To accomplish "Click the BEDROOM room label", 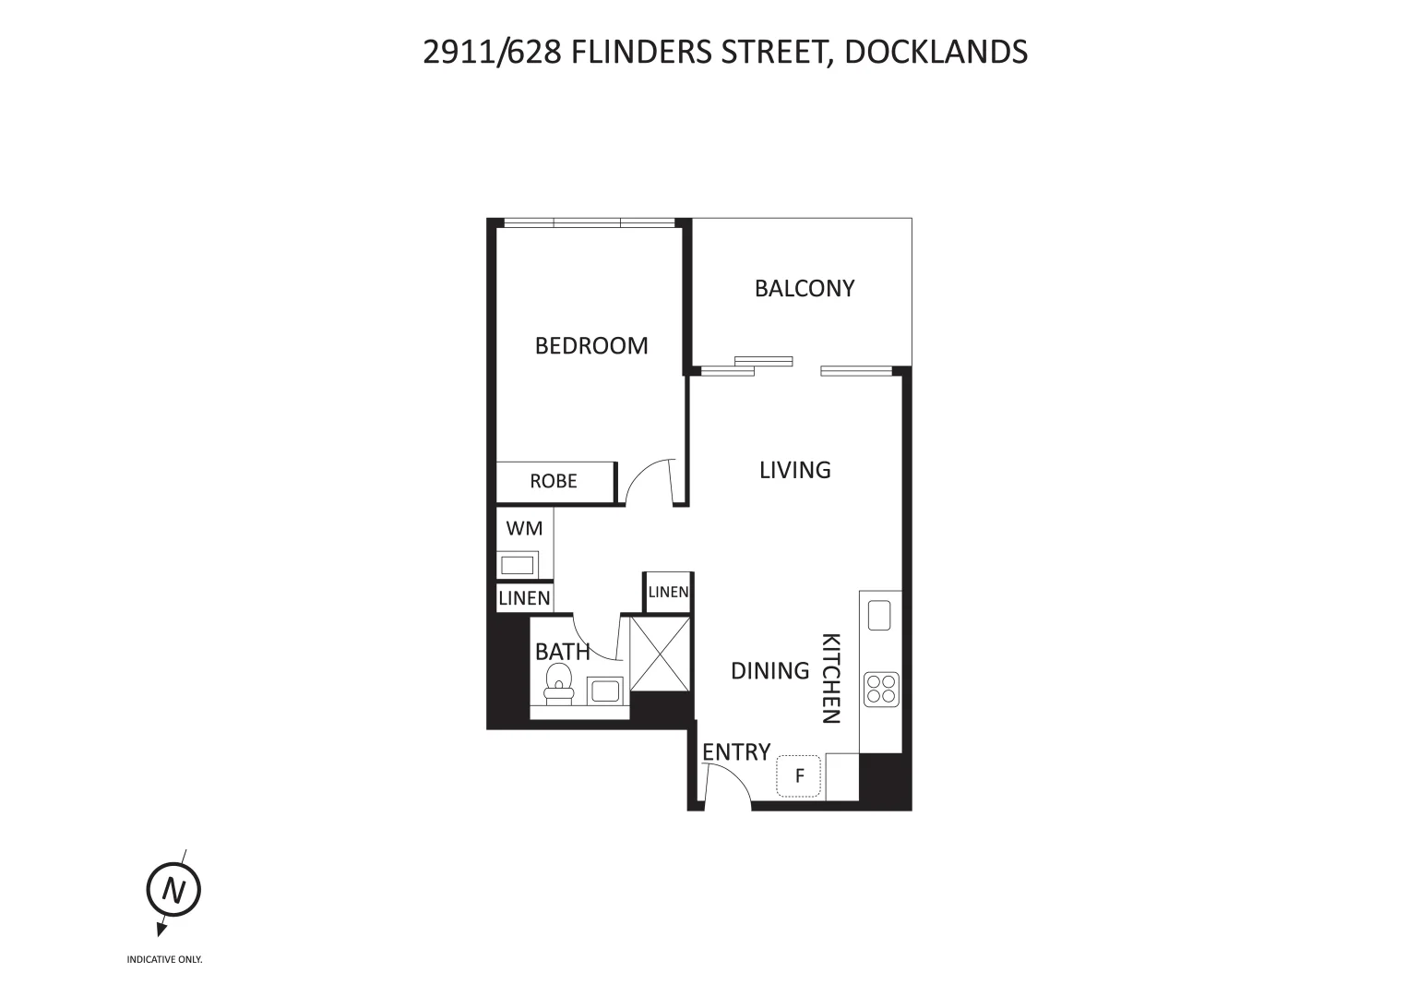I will click(591, 345).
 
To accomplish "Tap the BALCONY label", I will click(805, 288).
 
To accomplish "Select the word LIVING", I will click(794, 470).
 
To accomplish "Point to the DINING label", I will click(769, 670).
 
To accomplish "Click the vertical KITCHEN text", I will click(830, 679).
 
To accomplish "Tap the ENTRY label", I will click(735, 752).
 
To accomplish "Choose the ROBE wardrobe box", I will click(554, 481).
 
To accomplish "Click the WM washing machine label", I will click(524, 529).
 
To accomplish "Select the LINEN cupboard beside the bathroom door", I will click(524, 598).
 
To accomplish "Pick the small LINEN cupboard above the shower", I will click(668, 592).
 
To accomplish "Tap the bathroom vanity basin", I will click(605, 690).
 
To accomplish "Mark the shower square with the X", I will click(659, 653).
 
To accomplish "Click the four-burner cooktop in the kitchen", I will click(881, 689).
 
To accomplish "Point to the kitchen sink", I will click(879, 615).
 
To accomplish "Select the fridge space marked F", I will click(799, 775).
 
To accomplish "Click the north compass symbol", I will click(173, 890).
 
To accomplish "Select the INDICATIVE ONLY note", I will click(164, 960).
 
